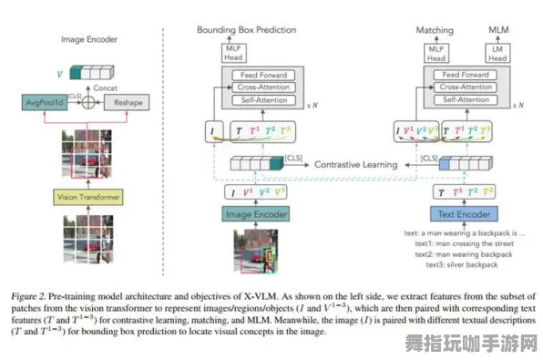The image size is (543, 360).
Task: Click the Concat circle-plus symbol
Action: coord(88,102)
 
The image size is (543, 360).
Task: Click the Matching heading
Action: coord(435,30)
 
